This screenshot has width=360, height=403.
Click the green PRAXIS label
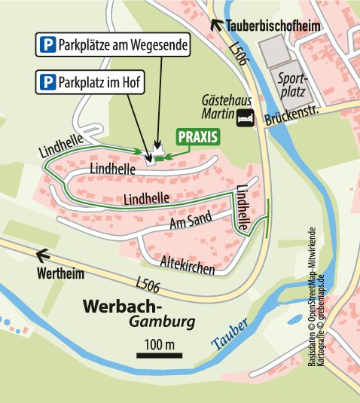coord(198,136)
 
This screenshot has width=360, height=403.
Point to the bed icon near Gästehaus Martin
coord(244,118)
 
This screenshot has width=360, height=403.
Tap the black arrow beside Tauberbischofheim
coord(218,25)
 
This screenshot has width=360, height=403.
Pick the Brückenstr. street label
coord(294,118)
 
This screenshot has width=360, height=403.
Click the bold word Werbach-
coord(121,307)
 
